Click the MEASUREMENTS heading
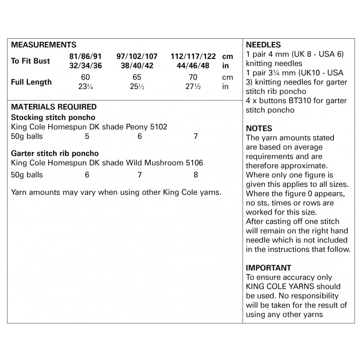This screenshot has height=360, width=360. point(43,45)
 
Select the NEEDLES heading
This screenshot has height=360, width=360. point(263,45)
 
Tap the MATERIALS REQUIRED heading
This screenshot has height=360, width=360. point(54,107)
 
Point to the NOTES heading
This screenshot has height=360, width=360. point(259,129)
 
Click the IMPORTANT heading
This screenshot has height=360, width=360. point(269,268)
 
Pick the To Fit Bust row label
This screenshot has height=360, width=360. point(30,61)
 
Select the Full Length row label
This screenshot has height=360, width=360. point(31,82)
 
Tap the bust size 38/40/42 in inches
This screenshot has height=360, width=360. point(137,66)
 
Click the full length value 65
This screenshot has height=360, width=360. point(137,78)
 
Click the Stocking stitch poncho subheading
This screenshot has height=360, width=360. point(53,117)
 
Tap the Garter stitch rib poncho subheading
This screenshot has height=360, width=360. point(54,153)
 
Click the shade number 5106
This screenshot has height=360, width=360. point(194,163)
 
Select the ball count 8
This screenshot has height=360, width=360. point(196,175)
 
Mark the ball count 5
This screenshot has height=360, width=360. point(87,136)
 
